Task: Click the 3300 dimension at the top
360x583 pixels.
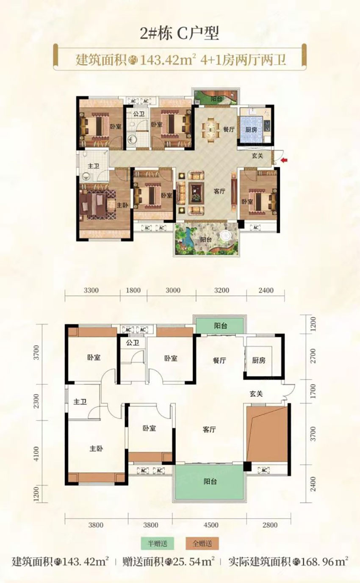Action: pos(91,290)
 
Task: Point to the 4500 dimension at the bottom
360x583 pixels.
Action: pos(211,525)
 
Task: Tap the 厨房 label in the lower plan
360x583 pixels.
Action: pos(258,360)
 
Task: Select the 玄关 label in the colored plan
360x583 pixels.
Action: pos(257,156)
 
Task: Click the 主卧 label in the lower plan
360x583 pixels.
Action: pos(96,448)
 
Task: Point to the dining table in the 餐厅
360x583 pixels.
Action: pos(211,130)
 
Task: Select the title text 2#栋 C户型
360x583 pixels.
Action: pos(179,33)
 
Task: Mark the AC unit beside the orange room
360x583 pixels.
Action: pos(264,470)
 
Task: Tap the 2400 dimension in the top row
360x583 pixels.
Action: pos(266,290)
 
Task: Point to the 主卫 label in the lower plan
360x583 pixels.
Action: pos(80,402)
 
